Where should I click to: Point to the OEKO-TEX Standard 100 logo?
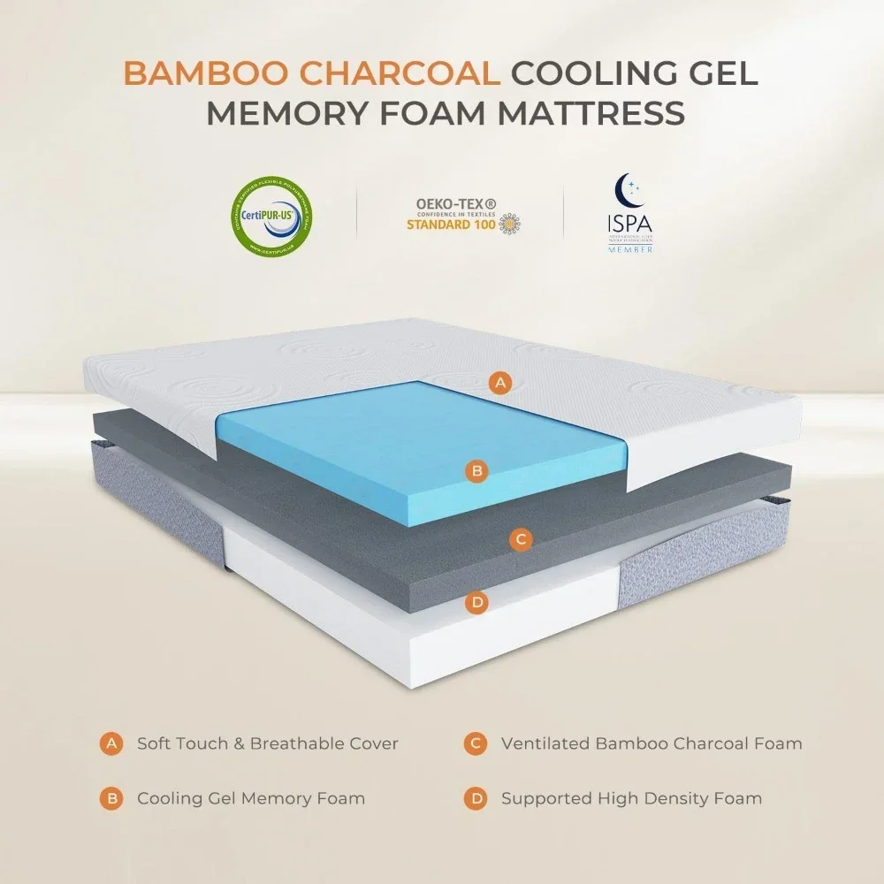point(460,215)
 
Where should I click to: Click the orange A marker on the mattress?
point(501,383)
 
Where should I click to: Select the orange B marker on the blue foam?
point(476,471)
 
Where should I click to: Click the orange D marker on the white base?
point(476,603)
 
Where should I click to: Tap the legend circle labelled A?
point(111,743)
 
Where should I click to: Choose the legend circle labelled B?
point(111,798)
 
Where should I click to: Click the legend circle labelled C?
point(476,743)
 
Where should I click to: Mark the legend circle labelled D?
point(476,798)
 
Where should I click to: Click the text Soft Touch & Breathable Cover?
point(267,743)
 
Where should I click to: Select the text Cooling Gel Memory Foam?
point(250,798)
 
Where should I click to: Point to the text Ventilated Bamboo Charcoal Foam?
point(652,743)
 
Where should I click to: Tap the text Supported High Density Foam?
point(631,798)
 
